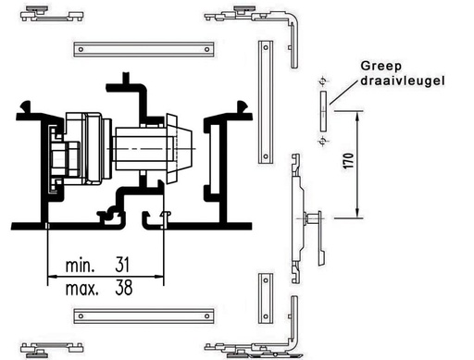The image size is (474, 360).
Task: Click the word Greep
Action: [x=381, y=67]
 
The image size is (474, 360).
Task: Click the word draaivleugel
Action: [x=403, y=81]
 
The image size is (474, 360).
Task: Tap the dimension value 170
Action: [x=348, y=161]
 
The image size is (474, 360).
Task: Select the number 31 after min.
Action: [x=122, y=265]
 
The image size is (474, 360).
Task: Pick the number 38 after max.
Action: [x=124, y=288]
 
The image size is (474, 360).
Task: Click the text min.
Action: [x=80, y=266]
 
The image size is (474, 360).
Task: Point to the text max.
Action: [x=82, y=289]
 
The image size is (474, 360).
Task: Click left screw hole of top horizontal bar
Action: [x=81, y=49]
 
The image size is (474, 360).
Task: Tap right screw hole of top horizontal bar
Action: [x=207, y=49]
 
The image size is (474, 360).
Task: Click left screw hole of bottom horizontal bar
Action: [x=81, y=316]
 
